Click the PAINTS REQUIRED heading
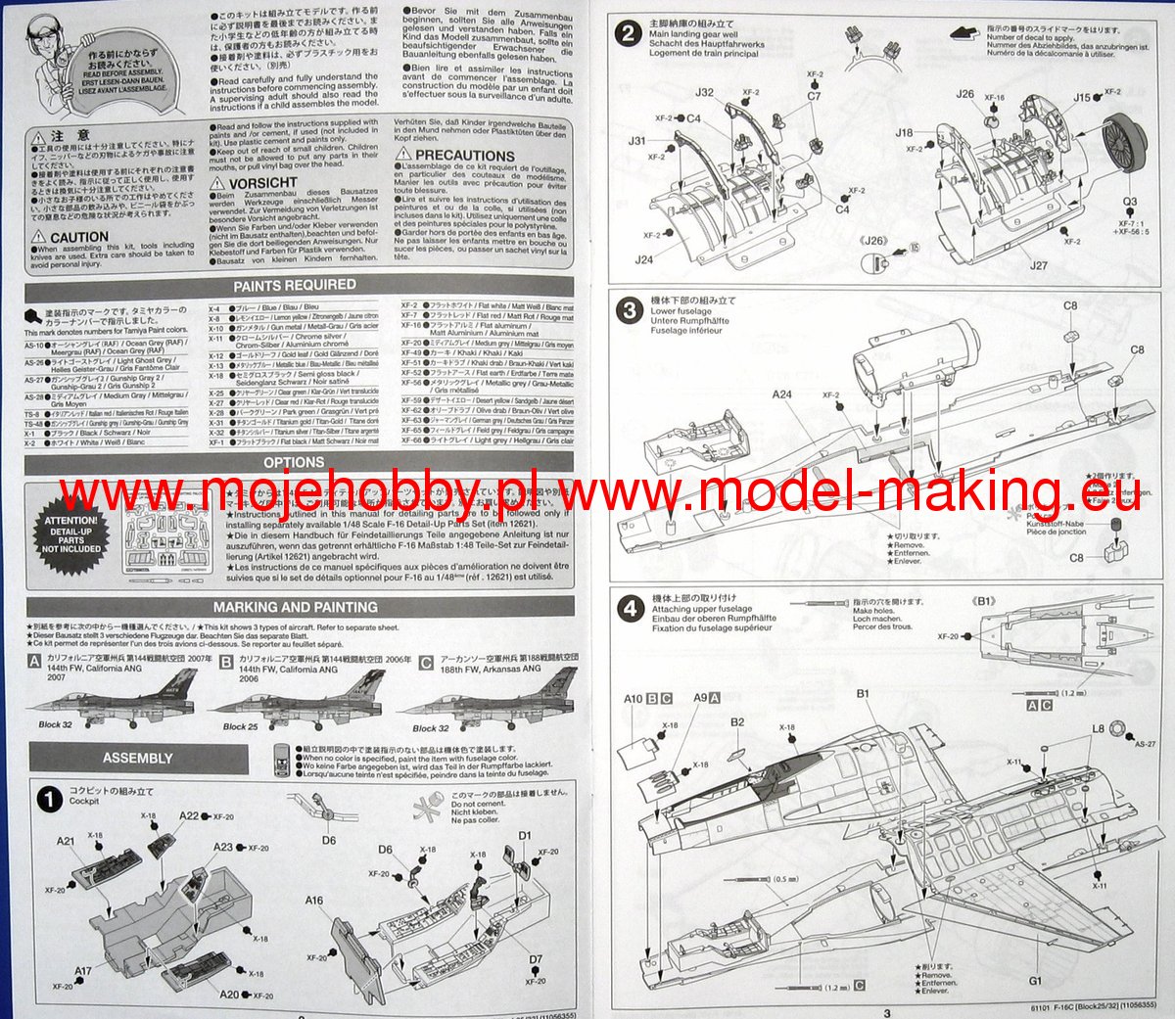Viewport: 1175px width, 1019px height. pos(294,285)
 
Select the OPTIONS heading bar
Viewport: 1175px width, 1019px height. pos(294,462)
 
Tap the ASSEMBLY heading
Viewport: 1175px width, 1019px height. pos(137,758)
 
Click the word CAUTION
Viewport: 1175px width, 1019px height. pos(79,237)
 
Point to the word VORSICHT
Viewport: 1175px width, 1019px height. pos(262,183)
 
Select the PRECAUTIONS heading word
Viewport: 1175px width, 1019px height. pos(464,155)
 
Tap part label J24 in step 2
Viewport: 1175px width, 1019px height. pos(643,259)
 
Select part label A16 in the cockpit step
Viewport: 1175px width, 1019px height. pos(313,901)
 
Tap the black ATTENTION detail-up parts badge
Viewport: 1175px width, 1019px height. pos(70,534)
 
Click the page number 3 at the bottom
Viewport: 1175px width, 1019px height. pos(887,1012)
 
